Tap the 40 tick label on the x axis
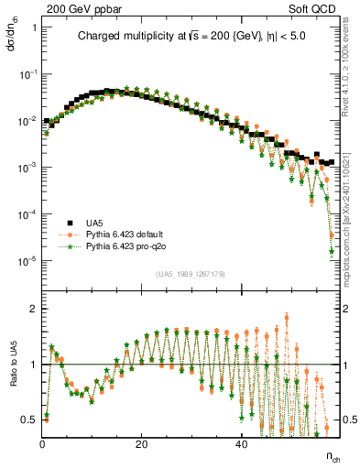pyautogui.click(x=240, y=443)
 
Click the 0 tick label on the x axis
pyautogui.click(x=43, y=443)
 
